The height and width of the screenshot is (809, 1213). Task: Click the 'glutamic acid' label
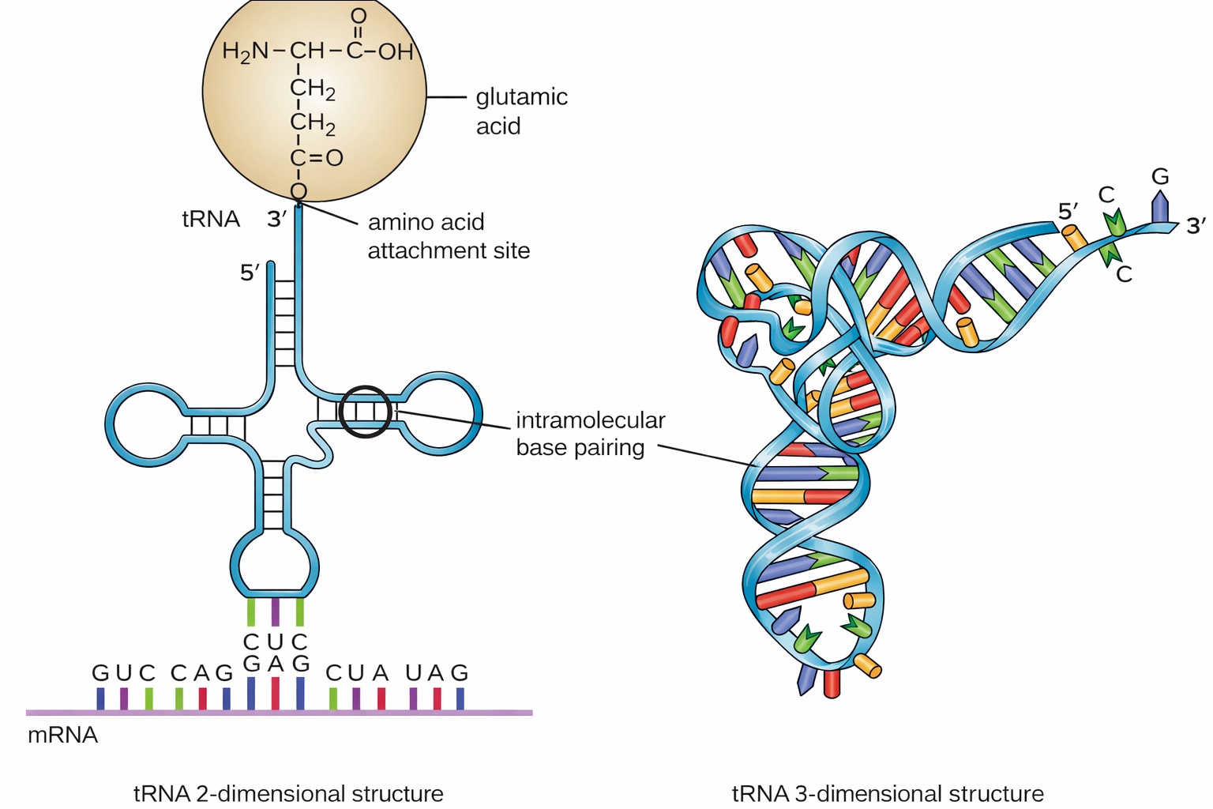(x=521, y=111)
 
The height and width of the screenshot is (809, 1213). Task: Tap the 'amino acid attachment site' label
(x=449, y=236)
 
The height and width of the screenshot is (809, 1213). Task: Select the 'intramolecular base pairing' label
(x=590, y=434)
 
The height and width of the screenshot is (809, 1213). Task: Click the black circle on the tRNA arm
(x=365, y=411)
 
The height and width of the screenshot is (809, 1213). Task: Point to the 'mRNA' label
(x=62, y=736)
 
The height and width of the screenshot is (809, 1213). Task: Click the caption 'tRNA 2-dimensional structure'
(x=288, y=793)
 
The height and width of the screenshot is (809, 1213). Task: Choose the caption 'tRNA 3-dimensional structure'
(x=888, y=793)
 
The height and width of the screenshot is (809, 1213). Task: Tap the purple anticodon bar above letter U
(x=275, y=612)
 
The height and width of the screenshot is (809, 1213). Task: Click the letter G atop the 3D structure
(x=1159, y=176)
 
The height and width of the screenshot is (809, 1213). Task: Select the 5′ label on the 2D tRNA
(x=250, y=273)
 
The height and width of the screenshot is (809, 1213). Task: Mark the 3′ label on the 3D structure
(x=1196, y=226)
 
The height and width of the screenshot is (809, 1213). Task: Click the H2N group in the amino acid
(x=246, y=52)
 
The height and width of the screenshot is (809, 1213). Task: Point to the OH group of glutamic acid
(x=396, y=52)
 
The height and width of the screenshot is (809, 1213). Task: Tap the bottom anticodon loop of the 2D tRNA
(x=275, y=563)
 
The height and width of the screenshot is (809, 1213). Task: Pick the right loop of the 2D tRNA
(x=442, y=412)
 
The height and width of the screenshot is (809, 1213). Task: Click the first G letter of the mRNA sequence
(x=100, y=673)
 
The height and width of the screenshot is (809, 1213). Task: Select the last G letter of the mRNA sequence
(x=460, y=673)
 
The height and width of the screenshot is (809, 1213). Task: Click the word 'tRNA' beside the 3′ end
(x=211, y=219)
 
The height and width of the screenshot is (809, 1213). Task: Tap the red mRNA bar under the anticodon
(x=275, y=694)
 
